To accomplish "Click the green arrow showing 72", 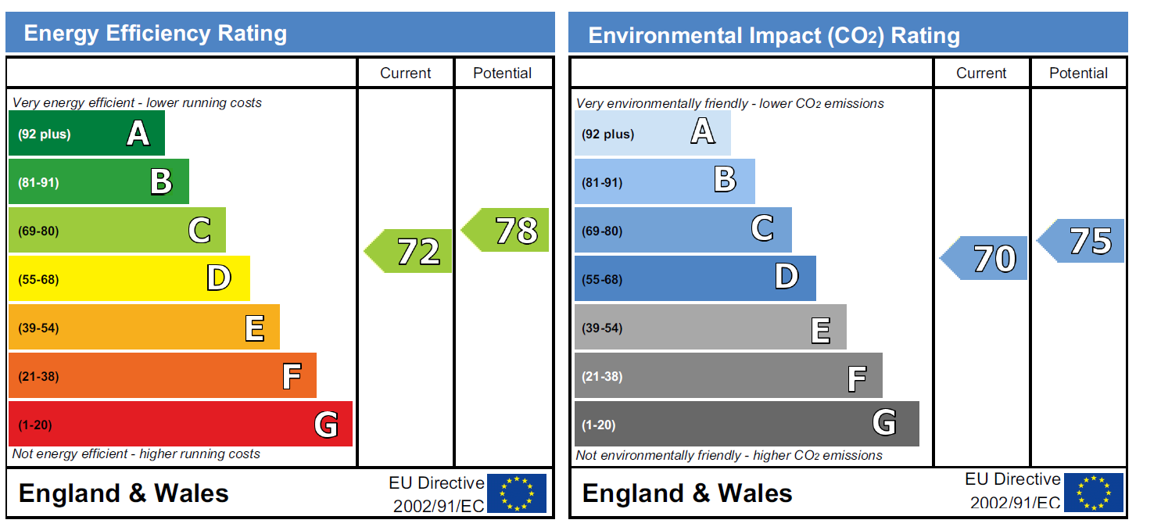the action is (408, 251).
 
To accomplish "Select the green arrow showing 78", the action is (505, 230).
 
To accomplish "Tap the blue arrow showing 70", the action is (984, 258).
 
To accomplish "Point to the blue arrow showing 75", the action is (1080, 241).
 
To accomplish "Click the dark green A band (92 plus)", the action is (87, 133).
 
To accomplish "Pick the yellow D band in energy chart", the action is (129, 278).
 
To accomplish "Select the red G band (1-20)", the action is (181, 424).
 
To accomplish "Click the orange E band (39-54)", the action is (144, 327).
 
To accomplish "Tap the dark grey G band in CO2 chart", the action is (747, 424).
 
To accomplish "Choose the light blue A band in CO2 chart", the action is (653, 133).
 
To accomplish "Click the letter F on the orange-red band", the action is (292, 376).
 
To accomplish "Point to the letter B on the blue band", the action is (725, 179).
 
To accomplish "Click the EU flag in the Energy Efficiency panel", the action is (517, 493).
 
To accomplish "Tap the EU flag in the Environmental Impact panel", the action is (1094, 493).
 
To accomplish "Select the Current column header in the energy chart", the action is (405, 73).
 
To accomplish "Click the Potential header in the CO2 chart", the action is (1079, 73).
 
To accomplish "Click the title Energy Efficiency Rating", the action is (155, 33).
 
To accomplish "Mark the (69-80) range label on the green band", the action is (38, 231).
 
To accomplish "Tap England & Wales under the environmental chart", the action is (687, 493).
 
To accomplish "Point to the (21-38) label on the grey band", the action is (602, 377).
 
